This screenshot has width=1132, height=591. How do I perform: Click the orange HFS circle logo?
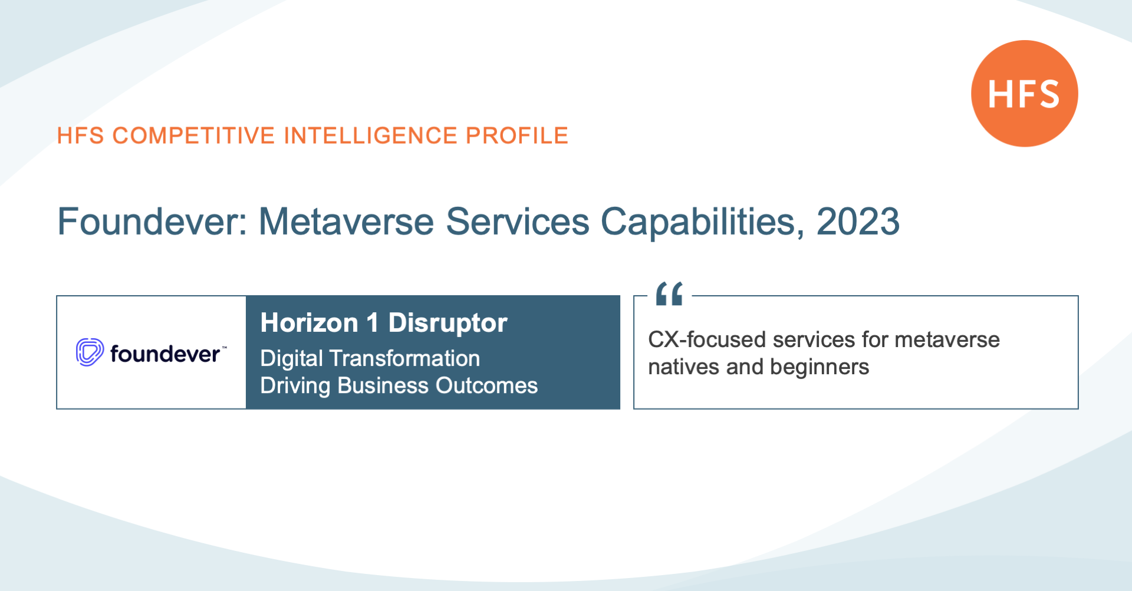pyautogui.click(x=1025, y=93)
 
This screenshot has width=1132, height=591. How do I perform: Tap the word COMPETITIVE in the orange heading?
pyautogui.click(x=193, y=136)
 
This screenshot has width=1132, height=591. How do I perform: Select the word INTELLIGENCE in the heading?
pyautogui.click(x=370, y=136)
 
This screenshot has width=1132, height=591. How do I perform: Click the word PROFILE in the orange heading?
pyautogui.click(x=517, y=136)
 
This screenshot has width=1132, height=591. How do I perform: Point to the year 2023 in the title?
pyautogui.click(x=858, y=222)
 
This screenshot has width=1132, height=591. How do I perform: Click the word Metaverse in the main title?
pyautogui.click(x=346, y=222)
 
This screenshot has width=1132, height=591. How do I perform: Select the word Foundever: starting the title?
pyautogui.click(x=152, y=222)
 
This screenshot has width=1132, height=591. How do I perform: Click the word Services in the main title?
pyautogui.click(x=518, y=222)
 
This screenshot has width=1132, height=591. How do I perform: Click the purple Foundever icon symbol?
pyautogui.click(x=90, y=352)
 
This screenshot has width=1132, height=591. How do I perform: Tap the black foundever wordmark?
pyautogui.click(x=165, y=354)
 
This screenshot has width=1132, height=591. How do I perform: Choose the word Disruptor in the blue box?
pyautogui.click(x=447, y=323)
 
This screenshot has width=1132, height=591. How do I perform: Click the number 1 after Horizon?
pyautogui.click(x=372, y=323)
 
